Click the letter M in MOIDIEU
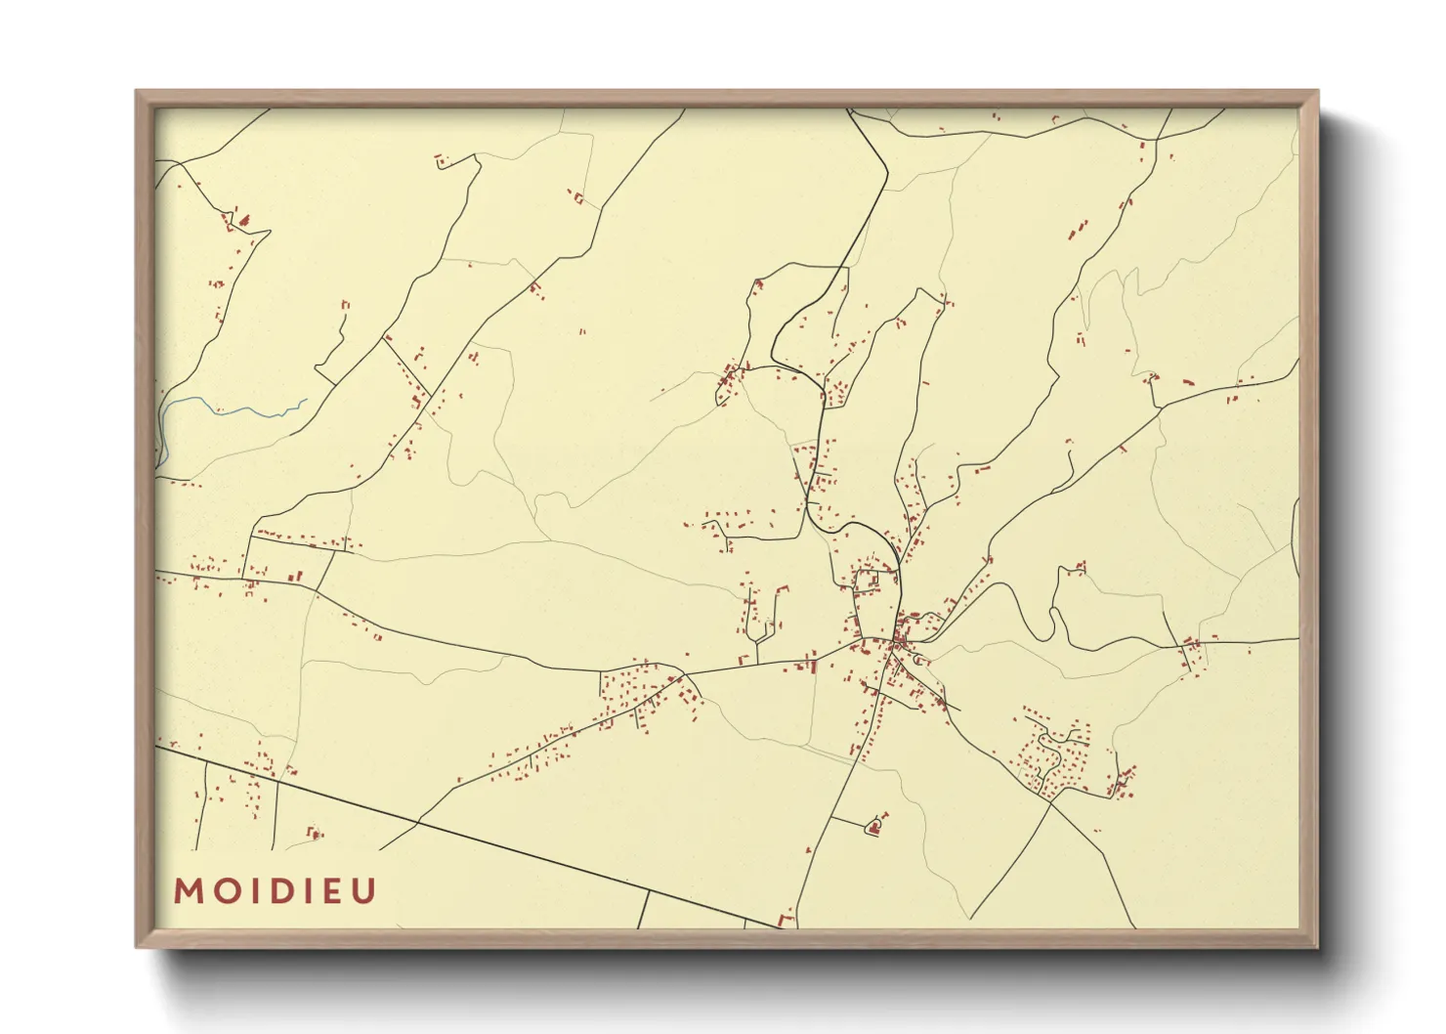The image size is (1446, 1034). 188,891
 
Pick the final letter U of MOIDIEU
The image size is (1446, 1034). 363,891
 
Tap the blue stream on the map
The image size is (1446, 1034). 234,409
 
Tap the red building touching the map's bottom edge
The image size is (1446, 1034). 785,920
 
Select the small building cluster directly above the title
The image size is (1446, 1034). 315,834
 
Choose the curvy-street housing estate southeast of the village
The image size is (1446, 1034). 1050,753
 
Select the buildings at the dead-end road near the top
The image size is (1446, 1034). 442,159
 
